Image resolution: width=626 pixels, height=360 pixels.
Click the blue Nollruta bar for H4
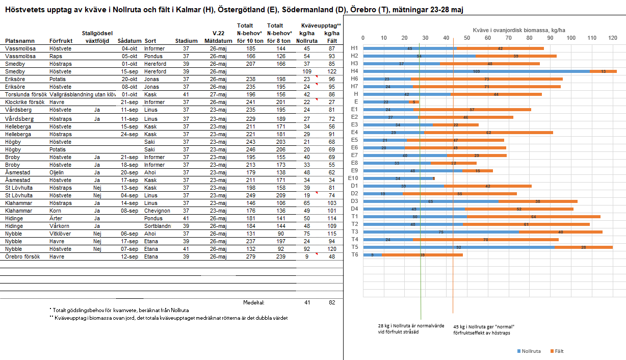tap(477, 71)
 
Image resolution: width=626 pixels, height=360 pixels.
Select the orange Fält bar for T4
tap(486, 239)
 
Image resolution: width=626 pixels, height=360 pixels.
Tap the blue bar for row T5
tap(459, 247)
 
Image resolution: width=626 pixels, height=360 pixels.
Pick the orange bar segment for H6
tap(486, 79)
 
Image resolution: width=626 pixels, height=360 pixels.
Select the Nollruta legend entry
tap(529, 351)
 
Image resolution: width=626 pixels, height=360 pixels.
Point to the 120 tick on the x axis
tap(612, 38)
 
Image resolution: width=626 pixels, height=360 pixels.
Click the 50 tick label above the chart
tap(467, 38)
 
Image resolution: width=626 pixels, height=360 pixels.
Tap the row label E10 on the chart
tap(353, 178)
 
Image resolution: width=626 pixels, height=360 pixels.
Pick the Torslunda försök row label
tap(25, 94)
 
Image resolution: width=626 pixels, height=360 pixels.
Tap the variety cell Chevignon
tap(156, 211)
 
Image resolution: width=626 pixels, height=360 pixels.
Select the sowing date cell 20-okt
tap(129, 79)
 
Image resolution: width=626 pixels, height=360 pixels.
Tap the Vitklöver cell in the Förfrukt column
tap(61, 234)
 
